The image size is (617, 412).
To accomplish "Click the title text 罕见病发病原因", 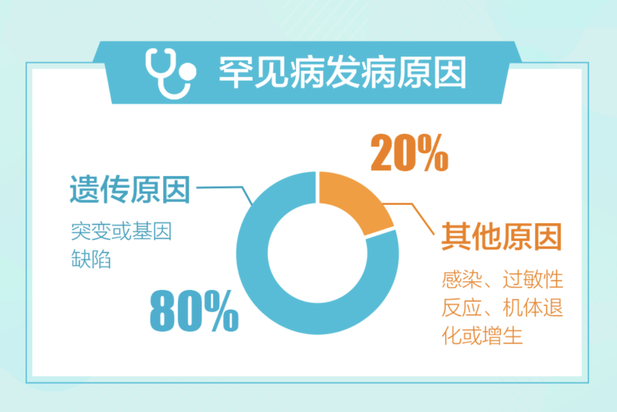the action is (x=343, y=73).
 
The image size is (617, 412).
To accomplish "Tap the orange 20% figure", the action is (x=409, y=153).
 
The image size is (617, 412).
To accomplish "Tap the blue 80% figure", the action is (x=194, y=310).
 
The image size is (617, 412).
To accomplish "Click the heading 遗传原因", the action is (x=130, y=189).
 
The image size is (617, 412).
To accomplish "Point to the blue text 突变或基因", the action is (x=121, y=231).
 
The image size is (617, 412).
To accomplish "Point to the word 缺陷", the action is (x=91, y=259).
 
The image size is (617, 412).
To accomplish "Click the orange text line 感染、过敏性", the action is (x=503, y=279).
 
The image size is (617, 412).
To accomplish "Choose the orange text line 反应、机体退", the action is (x=503, y=307).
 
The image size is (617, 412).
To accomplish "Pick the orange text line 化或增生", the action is (x=482, y=335).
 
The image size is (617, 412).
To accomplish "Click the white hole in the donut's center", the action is (x=318, y=253).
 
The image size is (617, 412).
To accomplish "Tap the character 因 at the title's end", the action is (x=450, y=73).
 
